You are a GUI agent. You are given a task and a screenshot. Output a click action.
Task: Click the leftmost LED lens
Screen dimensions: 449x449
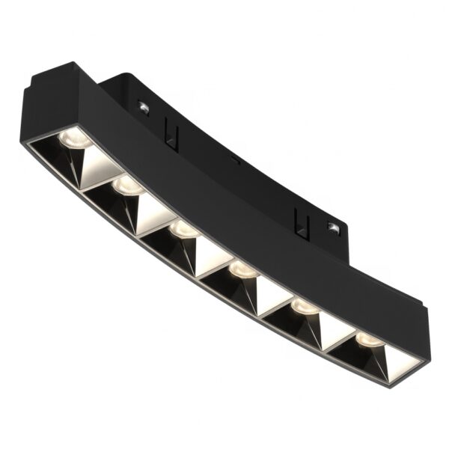coord(74,136)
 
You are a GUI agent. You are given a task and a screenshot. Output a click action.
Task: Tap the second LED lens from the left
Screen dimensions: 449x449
coord(128,184)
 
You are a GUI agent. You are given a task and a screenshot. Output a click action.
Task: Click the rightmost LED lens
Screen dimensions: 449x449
coord(367,338)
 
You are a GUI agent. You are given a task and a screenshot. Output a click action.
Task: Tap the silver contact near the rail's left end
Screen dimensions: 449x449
coord(143,109)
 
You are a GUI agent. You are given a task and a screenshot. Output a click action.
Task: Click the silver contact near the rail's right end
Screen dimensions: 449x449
coord(332,227)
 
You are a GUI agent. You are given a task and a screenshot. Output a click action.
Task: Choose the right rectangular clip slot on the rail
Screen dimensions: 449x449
coord(302,219)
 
